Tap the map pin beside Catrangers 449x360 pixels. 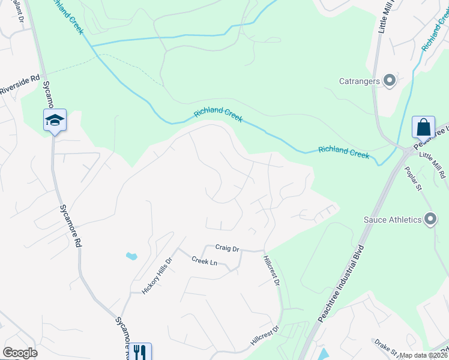pos(390,80)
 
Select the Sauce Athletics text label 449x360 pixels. pos(393,220)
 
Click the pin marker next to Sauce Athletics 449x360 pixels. pos(430,220)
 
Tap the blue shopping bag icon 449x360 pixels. pos(423,127)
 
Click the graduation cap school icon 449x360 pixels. pos(55,121)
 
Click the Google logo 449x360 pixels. pos(20,353)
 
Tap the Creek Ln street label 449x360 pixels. pos(204,261)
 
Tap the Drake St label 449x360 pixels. pos(385,346)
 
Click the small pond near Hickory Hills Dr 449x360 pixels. pos(131,256)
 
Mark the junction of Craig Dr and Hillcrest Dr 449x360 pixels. pos(264,250)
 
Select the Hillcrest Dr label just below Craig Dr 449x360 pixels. pos(272,272)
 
